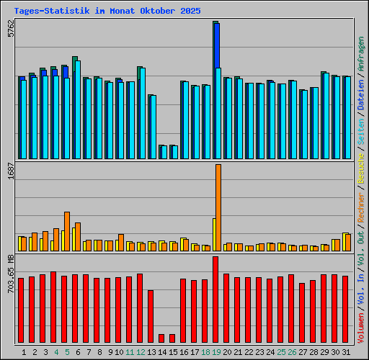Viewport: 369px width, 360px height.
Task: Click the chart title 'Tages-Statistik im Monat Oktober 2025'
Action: pos(107,12)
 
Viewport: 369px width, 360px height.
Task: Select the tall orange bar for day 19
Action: pos(218,207)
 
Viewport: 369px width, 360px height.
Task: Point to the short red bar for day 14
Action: pos(161,338)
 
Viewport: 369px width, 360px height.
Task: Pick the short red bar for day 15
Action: pos(172,338)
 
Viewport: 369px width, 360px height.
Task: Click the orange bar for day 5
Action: pos(67,231)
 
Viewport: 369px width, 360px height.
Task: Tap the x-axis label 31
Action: pos(347,352)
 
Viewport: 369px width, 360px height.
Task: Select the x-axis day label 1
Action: pos(24,352)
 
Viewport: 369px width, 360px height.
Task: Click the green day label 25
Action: pos(281,352)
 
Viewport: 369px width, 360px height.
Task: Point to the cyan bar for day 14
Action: pos(164,152)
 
